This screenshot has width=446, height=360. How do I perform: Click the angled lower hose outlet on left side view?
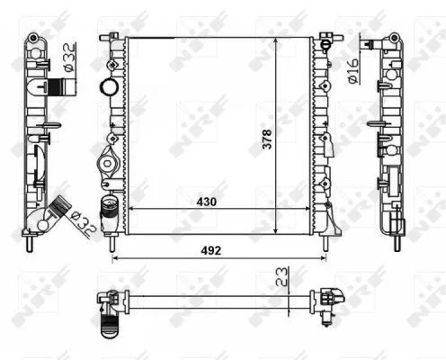coord(60,209)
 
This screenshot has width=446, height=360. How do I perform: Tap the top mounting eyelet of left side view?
coord(32,39)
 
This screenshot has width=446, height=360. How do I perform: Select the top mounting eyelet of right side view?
coord(393,39)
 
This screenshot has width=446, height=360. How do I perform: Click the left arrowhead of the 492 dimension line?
coord(114,259)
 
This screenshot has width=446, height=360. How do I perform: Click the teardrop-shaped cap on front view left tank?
coord(104,167)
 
